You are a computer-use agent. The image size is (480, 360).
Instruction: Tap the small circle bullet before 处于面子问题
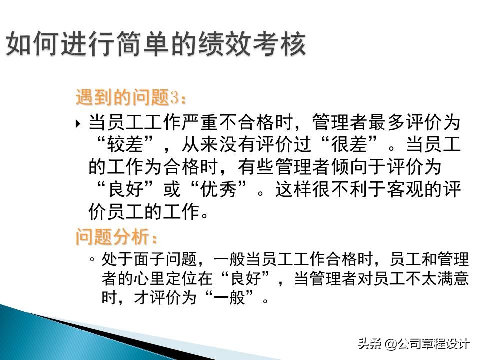[92, 260]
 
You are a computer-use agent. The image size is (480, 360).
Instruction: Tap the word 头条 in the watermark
[369, 344]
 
